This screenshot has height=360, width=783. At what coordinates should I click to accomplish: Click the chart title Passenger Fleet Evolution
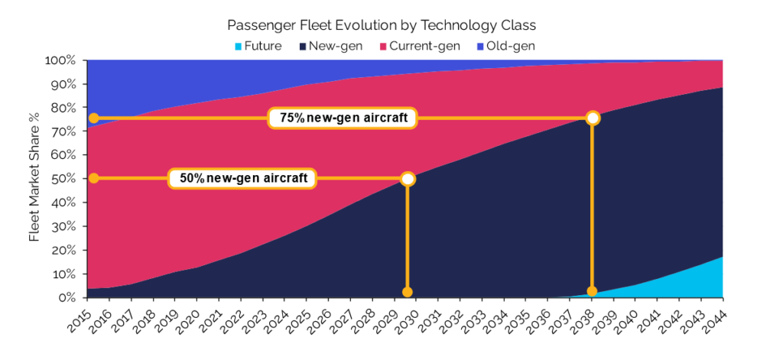click(x=391, y=25)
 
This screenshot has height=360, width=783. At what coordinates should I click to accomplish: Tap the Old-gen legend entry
click(x=505, y=46)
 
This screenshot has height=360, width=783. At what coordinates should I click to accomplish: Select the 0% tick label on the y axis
click(x=67, y=297)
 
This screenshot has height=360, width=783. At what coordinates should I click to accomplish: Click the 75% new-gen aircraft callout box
click(x=342, y=118)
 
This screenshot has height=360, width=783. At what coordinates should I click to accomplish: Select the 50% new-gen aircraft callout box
click(x=243, y=179)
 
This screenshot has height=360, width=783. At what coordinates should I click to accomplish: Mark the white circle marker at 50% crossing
click(x=408, y=179)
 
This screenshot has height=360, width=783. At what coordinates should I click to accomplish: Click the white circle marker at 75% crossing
click(x=592, y=118)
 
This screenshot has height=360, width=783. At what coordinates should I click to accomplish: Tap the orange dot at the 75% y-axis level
click(x=93, y=118)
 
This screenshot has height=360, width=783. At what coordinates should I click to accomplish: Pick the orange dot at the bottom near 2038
click(x=592, y=291)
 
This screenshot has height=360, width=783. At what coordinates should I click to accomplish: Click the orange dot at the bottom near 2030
click(x=408, y=292)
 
